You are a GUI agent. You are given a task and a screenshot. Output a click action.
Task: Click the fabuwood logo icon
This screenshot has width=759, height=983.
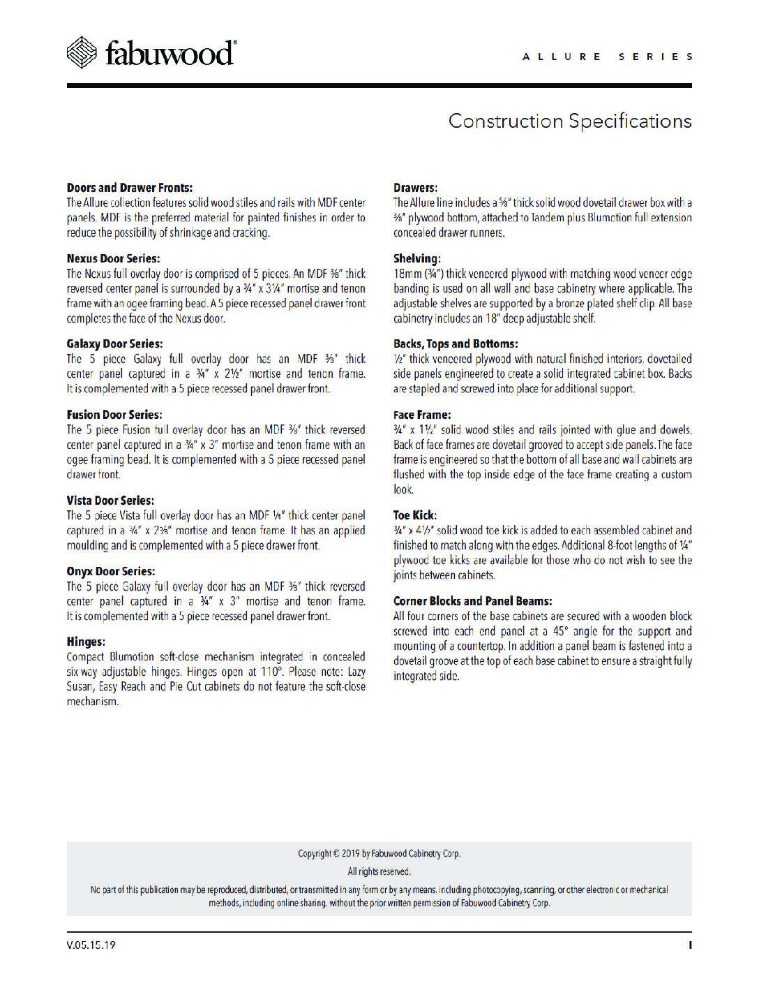(82, 52)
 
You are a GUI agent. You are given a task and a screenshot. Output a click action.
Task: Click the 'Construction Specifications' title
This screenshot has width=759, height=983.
(569, 121)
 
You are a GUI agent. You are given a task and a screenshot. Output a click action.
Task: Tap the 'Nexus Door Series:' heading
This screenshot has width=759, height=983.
(113, 258)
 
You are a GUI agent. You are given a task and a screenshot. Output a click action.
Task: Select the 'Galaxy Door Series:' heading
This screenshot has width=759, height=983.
(114, 343)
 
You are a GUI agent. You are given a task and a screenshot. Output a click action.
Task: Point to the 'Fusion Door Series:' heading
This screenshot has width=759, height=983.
(114, 415)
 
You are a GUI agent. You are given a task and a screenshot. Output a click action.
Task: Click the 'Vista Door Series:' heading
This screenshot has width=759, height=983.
(110, 501)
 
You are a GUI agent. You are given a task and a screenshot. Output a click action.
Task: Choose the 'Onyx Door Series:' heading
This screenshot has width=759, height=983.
(110, 571)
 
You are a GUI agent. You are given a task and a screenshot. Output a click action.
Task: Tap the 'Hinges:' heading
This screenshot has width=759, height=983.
(86, 642)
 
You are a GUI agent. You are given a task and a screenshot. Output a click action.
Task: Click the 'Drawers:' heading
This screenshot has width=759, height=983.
(415, 188)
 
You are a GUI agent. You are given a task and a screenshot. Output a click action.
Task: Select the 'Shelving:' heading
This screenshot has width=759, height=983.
(417, 258)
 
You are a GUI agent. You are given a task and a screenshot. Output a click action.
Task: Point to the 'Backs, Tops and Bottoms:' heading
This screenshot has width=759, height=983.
(456, 343)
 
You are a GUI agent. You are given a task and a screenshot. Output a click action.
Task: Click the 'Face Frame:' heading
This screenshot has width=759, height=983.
(422, 415)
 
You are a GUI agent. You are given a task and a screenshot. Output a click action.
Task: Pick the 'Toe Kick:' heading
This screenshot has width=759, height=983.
(414, 515)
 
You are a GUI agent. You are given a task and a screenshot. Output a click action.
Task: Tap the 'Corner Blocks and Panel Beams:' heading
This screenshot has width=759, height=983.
(473, 600)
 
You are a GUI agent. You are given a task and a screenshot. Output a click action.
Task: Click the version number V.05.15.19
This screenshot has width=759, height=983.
(91, 945)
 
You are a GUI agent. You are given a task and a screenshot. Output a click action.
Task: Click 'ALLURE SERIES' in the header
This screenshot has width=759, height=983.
(608, 57)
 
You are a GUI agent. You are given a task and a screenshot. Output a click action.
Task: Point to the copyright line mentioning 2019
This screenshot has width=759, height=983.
(379, 853)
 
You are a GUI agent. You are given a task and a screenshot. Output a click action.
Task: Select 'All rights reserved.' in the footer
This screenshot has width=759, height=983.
(379, 871)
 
